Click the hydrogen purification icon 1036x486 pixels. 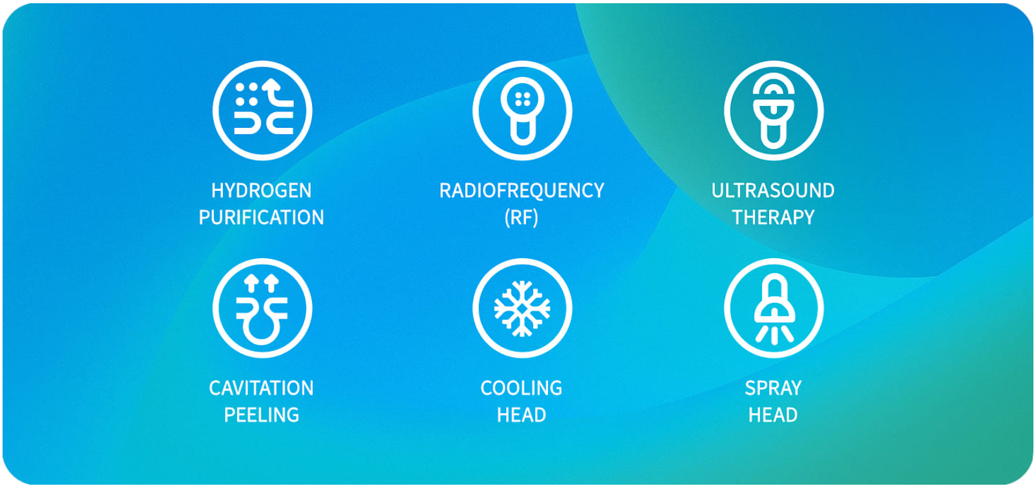tap(262, 110)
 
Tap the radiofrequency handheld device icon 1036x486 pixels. tap(522, 110)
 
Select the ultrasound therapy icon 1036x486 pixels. tap(774, 110)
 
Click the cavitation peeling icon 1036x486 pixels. tap(262, 308)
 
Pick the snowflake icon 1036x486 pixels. tap(522, 308)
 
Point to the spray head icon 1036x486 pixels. tap(774, 308)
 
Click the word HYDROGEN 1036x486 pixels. tap(261, 190)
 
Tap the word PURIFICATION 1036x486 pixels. tap(261, 218)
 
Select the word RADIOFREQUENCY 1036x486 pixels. tap(522, 190)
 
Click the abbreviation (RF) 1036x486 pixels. tap(522, 218)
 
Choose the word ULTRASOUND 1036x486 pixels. tap(773, 190)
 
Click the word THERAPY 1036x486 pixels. tap(773, 218)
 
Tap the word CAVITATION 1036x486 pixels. tap(261, 388)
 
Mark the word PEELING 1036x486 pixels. tap(261, 415)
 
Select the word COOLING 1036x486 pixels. tap(522, 388)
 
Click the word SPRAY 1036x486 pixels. tap(773, 388)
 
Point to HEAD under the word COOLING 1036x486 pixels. tap(522, 415)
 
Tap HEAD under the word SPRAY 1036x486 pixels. tap(773, 415)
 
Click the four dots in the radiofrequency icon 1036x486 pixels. tap(523, 99)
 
